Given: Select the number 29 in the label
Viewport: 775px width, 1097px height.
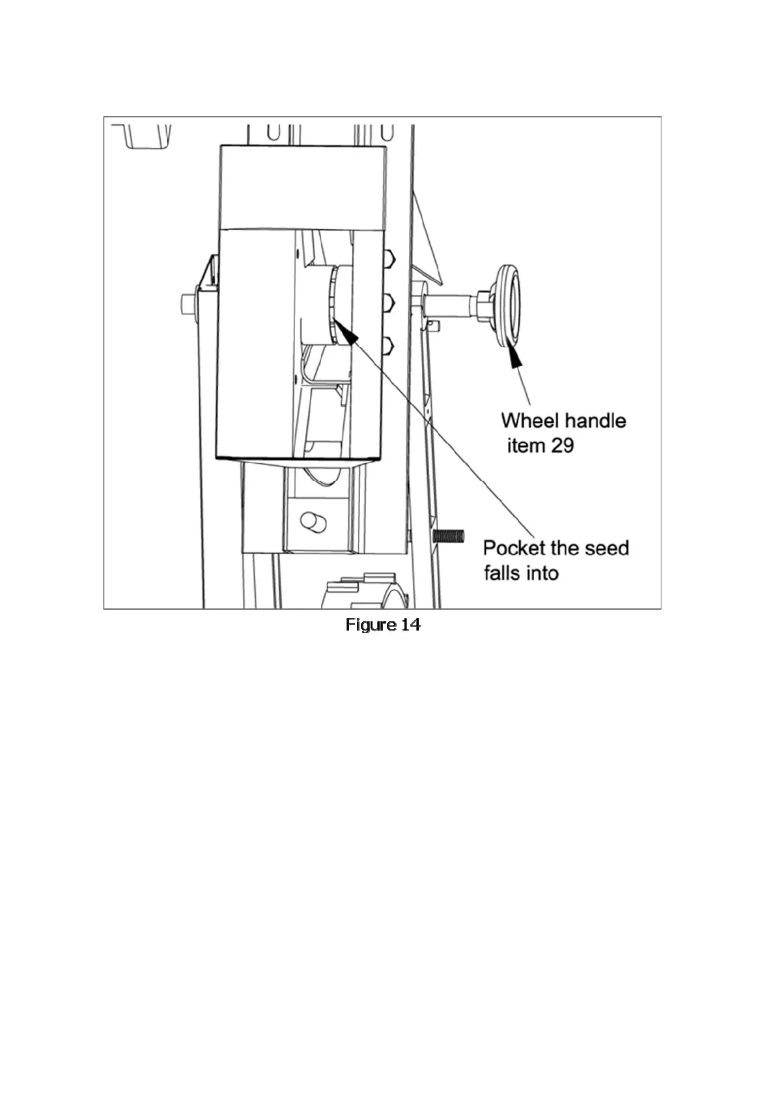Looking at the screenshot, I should coord(562,446).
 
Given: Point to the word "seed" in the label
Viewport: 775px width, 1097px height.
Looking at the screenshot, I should coord(606,547).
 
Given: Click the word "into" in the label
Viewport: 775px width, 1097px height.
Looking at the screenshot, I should coord(542,573).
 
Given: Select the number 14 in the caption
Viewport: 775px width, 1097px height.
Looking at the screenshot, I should coord(411,625).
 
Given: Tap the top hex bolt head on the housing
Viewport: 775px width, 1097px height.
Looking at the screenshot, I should coord(389,259).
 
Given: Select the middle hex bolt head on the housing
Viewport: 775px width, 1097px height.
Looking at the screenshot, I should coord(389,301).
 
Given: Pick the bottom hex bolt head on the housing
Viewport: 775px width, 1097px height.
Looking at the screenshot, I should coord(389,345).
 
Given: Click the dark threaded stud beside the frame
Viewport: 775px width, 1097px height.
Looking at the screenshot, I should coord(448,536).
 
